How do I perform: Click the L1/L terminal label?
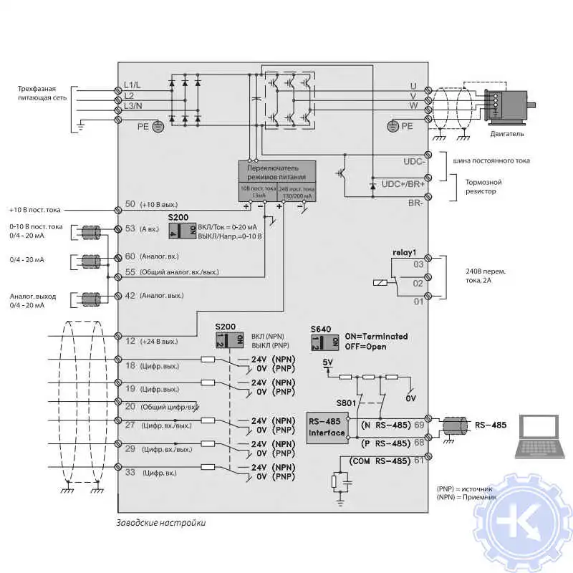pos(133,86)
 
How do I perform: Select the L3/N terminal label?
pos(133,106)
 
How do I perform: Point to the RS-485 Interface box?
pos(327,427)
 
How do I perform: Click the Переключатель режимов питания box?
pos(276,171)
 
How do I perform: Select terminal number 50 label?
pos(130,204)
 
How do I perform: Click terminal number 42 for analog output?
pos(130,295)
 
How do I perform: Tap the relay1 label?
pos(405,252)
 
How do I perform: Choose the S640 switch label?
pos(320,329)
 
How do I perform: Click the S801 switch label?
pos(346,403)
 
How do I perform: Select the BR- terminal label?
pos(415,203)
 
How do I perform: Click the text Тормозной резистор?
pos(480,186)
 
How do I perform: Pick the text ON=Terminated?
pos(376,336)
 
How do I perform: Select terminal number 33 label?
pos(130,473)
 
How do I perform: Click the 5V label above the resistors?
pos(328,362)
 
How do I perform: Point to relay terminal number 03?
pos(418,264)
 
